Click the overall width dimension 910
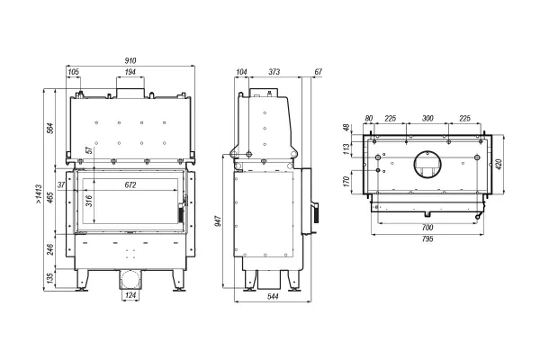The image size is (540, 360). pyautogui.click(x=130, y=60)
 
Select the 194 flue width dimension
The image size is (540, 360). pyautogui.click(x=130, y=72)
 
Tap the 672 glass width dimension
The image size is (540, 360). pyautogui.click(x=130, y=185)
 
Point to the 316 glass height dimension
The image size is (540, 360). pyautogui.click(x=89, y=201)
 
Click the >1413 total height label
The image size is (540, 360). pyautogui.click(x=39, y=194)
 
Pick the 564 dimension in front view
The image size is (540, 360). pyautogui.click(x=50, y=128)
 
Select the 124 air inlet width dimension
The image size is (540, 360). pyautogui.click(x=130, y=295)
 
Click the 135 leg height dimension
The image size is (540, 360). pyautogui.click(x=50, y=279)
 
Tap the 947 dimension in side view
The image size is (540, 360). pyautogui.click(x=218, y=220)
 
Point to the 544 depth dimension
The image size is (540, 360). pyautogui.click(x=273, y=297)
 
